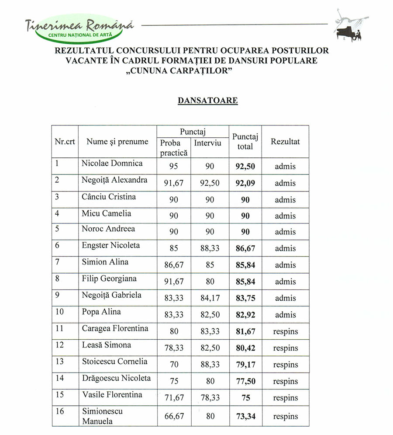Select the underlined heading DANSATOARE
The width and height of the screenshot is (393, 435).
pos(207,101)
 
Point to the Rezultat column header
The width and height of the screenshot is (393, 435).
pos(285,142)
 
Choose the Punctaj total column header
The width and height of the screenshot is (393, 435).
pos(245,142)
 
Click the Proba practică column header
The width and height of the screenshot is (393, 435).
pos(173,148)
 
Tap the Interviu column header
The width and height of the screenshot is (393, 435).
pos(208,143)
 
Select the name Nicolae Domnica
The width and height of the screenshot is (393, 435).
pos(112,164)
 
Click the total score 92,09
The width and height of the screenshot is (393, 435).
pos(245,183)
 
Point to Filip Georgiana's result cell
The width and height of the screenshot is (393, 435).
pos(285,282)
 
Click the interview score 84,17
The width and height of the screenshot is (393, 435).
pos(210,299)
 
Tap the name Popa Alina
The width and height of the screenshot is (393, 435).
pos(101,312)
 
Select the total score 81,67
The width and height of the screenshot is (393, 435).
pos(245,332)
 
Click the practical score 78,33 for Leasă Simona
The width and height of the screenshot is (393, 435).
pos(173,348)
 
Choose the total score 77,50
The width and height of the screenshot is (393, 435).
pos(245,381)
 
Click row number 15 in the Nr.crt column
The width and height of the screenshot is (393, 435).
pos(59,395)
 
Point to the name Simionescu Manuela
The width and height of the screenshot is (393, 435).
pos(102,417)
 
